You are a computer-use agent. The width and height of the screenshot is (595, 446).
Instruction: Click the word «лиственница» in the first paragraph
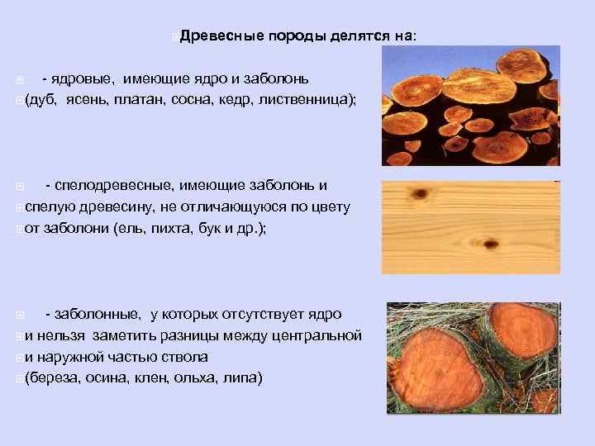coord(305,100)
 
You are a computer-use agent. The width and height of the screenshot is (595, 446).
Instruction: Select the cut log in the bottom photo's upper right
coord(521,330)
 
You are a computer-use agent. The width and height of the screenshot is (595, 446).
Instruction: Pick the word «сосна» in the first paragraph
coord(193,100)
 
